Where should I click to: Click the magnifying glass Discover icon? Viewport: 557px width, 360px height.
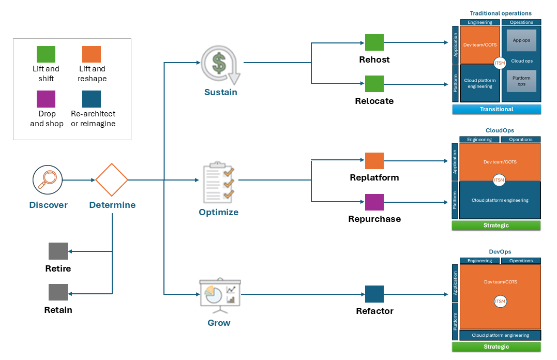pos(48,180)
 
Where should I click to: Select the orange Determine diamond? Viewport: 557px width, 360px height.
pos(112,180)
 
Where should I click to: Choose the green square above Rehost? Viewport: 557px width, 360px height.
pos(374,42)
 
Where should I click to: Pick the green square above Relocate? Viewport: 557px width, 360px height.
pos(374,84)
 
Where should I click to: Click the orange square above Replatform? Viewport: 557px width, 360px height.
pos(374,161)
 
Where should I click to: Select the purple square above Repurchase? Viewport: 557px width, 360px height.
pos(374,202)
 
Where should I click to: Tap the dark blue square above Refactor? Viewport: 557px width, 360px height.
pos(374,294)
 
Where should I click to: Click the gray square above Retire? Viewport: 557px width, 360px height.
pos(58,251)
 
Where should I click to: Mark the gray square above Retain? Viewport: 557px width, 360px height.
pos(58,293)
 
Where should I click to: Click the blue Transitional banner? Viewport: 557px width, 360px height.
pos(496,109)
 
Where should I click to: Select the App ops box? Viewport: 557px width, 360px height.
pos(521,40)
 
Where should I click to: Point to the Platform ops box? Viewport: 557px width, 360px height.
pos(521,81)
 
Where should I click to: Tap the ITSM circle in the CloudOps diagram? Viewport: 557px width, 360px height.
pos(500,180)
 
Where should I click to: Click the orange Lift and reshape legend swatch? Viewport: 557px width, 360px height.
pos(92,54)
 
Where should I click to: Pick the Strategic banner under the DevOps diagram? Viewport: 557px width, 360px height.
pos(496,347)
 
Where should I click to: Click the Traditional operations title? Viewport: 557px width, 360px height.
pos(500,13)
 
